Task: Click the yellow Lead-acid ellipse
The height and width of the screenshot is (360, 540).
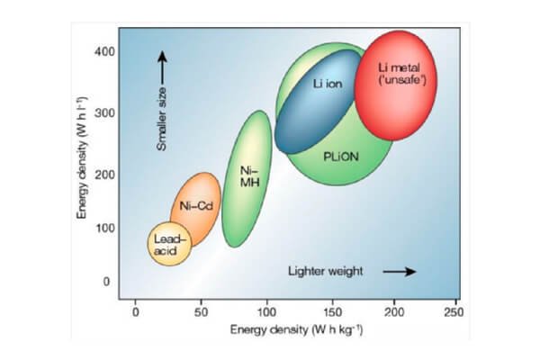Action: pos(169,243)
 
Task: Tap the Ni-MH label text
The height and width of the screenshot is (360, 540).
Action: pos(248,176)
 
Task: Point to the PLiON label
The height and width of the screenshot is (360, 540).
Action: pos(341,156)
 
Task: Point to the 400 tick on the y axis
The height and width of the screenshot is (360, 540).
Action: pos(105,51)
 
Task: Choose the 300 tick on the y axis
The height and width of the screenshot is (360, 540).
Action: pos(105,112)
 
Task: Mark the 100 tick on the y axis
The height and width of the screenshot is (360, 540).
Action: pos(105,228)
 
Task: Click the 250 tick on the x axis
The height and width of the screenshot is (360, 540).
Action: pos(454,312)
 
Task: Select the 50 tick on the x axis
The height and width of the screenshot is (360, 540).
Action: pos(200,312)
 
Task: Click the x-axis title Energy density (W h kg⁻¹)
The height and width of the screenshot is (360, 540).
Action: pos(296,332)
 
